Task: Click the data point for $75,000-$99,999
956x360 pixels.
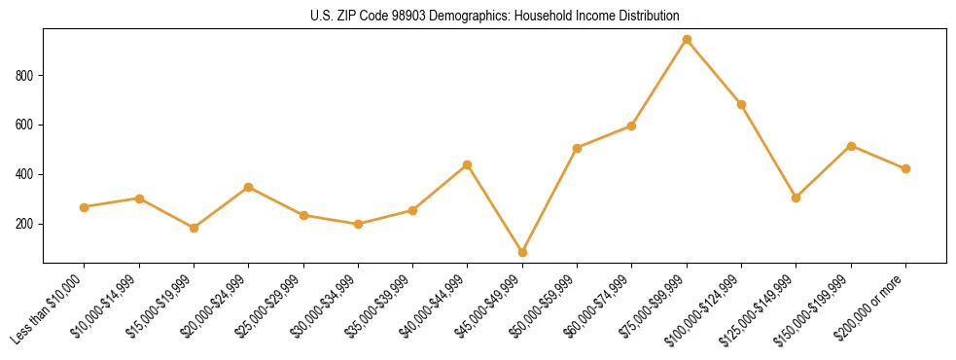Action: coord(687,40)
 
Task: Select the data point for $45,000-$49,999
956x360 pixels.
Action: coord(522,252)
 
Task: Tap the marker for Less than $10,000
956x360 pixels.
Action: coord(84,207)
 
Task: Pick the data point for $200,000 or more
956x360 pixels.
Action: coord(905,168)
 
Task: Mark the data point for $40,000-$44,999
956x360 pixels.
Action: coord(468,164)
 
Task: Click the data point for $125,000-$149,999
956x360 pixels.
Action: coord(797,198)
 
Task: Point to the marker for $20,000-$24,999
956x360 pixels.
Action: coord(248,187)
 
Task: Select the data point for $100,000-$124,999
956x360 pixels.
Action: coord(741,104)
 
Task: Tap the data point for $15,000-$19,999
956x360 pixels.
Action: coord(194,228)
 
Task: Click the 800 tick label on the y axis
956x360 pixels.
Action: coord(25,76)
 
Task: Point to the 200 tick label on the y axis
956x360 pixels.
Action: coord(25,224)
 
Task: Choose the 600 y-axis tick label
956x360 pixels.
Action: coord(25,126)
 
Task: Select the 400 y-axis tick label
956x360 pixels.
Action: coord(25,175)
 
